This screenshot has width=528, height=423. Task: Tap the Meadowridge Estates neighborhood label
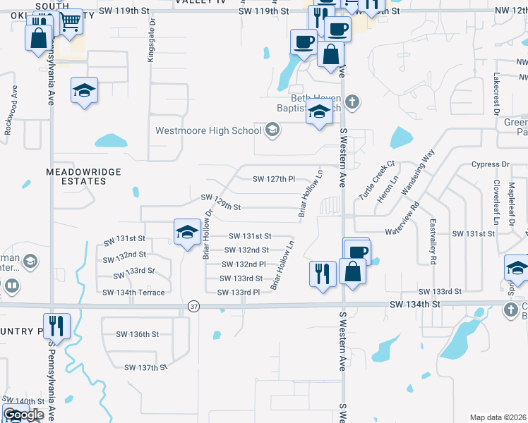pos(83,176)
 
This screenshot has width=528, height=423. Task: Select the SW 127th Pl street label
pos(274,179)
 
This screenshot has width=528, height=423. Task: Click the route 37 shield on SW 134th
pos(194,305)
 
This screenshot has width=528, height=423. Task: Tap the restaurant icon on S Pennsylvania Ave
pos(56,326)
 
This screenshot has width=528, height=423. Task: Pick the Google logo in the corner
pos(23,415)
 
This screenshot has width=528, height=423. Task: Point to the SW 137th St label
pos(145,367)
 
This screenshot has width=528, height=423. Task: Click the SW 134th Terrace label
pos(133,293)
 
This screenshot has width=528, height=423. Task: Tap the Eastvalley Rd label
pos(433,240)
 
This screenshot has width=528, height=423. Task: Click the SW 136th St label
pos(138,333)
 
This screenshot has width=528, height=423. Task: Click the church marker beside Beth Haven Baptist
pos(353,102)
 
